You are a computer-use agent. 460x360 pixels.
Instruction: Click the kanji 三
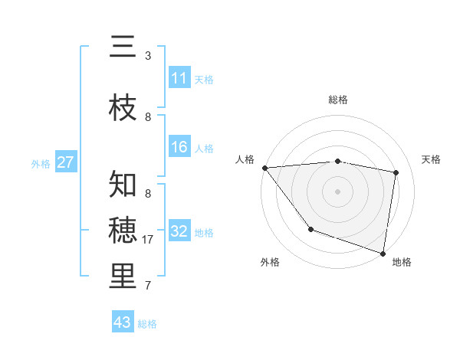[123, 47]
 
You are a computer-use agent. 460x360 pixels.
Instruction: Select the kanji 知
[123, 185]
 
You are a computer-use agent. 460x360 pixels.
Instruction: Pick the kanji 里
[123, 276]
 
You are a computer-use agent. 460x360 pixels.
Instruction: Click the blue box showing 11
[179, 78]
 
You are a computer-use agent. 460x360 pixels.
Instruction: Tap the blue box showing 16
[179, 147]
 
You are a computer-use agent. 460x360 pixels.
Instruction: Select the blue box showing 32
[179, 231]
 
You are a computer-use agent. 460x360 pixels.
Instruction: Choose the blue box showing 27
[65, 162]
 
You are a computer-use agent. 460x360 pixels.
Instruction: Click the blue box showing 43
[123, 322]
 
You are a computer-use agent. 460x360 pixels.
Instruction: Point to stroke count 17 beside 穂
[149, 240]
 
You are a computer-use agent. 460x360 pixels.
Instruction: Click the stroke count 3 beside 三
[148, 56]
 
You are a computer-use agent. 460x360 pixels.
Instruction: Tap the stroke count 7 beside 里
[148, 286]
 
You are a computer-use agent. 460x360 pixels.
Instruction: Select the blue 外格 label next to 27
[41, 163]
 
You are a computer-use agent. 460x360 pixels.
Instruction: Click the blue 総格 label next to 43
[148, 324]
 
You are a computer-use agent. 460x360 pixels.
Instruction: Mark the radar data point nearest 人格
[264, 168]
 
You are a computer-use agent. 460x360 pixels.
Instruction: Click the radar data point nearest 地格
[383, 252]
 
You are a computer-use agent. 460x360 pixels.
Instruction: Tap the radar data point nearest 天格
[396, 172]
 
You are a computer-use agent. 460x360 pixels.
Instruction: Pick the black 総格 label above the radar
[338, 100]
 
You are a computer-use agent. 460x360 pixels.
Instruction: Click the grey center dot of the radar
[338, 191]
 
